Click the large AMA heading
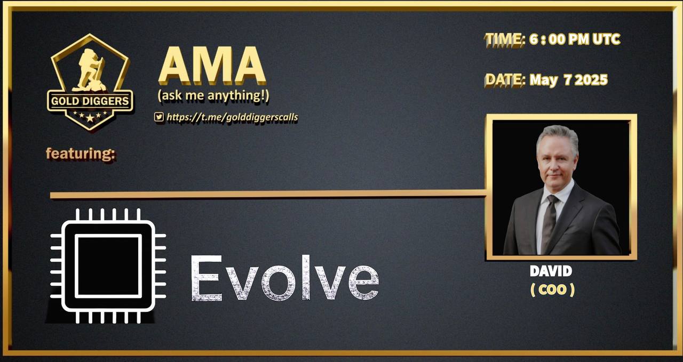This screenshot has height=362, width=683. coord(212,66)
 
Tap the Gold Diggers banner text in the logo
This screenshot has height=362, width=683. coord(90,101)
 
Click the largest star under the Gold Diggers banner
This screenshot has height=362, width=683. coord(90,118)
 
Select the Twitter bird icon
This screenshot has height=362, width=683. coord(159,117)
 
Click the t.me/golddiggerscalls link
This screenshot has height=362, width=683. coord(232,117)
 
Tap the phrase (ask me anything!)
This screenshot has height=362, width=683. coord(213,95)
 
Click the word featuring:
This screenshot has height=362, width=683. coord(81,154)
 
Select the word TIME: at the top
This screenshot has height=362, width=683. coord(505,39)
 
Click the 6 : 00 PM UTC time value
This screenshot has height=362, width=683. coord(575,39)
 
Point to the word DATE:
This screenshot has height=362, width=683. coord(505,80)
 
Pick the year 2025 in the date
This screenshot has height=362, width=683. coord(591,80)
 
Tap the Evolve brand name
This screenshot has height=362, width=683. coord(285,278)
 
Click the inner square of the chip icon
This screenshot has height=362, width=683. coord(108,266)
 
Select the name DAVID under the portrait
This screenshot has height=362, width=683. coord(551,271)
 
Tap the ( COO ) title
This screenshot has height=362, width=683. coord(552,290)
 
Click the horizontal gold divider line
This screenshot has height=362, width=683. coord(268,195)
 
